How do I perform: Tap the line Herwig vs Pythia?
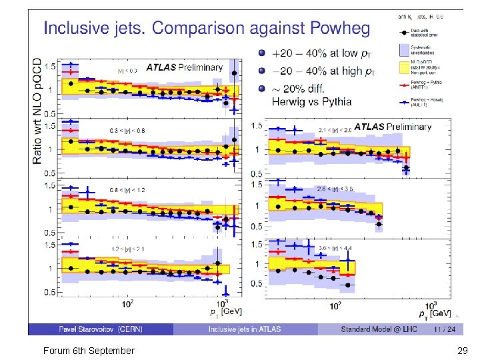pos(311,102)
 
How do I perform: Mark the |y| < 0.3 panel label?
pos(126,69)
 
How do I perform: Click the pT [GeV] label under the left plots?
pos(227,311)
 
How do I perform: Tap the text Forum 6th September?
pos(88,351)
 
